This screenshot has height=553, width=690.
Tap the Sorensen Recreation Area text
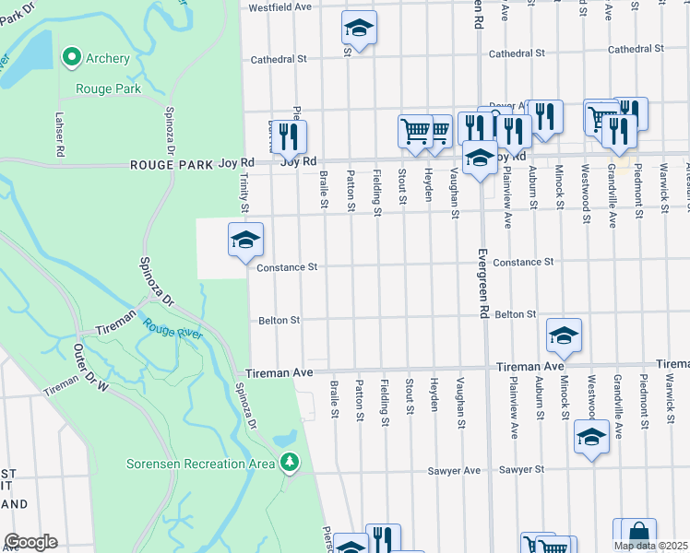coord(209,461)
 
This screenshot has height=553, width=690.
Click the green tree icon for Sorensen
coord(291,461)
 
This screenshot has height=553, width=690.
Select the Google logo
coord(30,542)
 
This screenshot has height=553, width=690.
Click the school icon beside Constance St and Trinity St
coord(245,241)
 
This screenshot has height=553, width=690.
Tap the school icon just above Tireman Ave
coord(564,336)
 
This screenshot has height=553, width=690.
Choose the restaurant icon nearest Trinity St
coord(289,136)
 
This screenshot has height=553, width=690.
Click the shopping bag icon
coord(638,534)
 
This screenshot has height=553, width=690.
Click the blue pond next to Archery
coord(34,57)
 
